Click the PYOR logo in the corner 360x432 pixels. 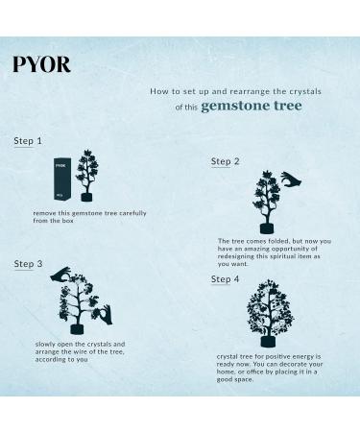click(41, 65)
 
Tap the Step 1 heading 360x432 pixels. click(28, 141)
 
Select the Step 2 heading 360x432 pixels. click(226, 161)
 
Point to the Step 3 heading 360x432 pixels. click(28, 263)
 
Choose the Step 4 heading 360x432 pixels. click(226, 279)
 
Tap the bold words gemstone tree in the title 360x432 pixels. click(252, 106)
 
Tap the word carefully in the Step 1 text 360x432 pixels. click(128, 212)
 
